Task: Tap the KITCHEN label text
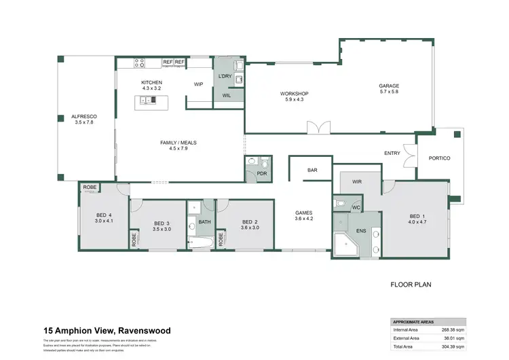pyautogui.click(x=151, y=82)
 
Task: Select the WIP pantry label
pyautogui.click(x=199, y=84)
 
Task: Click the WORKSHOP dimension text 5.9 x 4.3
pyautogui.click(x=295, y=100)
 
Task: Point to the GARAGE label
pyautogui.click(x=389, y=86)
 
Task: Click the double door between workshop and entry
pyautogui.click(x=318, y=128)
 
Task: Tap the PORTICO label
pyautogui.click(x=440, y=158)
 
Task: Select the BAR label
pyautogui.click(x=312, y=170)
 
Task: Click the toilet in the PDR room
pyautogui.click(x=265, y=164)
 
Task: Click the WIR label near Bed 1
pyautogui.click(x=357, y=183)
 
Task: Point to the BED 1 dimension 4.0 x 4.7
pyautogui.click(x=417, y=221)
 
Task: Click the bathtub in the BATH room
pyautogui.click(x=204, y=242)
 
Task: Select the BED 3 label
pyautogui.click(x=161, y=223)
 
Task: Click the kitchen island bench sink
pyautogui.click(x=145, y=101)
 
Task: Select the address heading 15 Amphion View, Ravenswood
pyautogui.click(x=107, y=331)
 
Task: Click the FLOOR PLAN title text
pyautogui.click(x=411, y=285)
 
